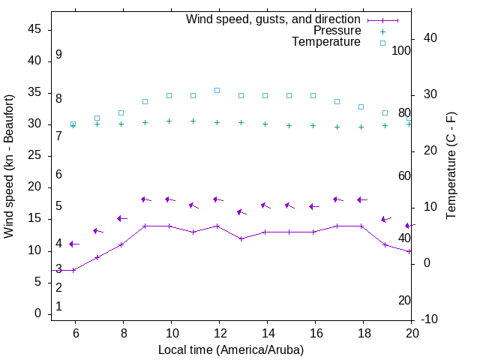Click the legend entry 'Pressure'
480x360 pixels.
(x=337, y=31)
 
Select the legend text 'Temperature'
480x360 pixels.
(x=326, y=42)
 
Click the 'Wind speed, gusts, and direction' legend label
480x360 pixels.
(x=274, y=19)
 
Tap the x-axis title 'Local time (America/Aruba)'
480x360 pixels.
(x=231, y=349)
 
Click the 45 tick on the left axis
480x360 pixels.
(x=34, y=29)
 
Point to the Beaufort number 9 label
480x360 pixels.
(x=58, y=55)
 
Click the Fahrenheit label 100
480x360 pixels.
(x=401, y=51)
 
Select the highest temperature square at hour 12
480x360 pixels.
(x=217, y=90)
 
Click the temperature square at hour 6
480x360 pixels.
(x=73, y=124)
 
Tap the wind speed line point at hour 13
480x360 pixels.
(x=241, y=238)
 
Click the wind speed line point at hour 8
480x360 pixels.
(x=121, y=244)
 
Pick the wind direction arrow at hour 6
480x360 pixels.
(x=73, y=244)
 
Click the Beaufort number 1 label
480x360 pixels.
(x=58, y=307)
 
